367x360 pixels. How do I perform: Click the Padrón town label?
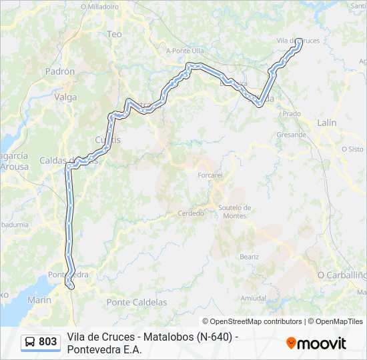point(60,71)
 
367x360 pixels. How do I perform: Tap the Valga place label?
point(65,97)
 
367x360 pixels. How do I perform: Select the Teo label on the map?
point(114,33)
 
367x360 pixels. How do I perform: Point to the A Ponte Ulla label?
point(184,51)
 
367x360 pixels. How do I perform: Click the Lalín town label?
point(327,123)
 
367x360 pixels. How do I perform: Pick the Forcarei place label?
point(210,175)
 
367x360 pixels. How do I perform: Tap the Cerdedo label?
point(191,213)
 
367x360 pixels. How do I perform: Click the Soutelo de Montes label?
point(234,211)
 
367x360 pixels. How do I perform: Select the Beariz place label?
point(250,257)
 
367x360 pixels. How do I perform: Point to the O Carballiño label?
point(342,275)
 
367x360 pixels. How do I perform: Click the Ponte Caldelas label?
point(137,302)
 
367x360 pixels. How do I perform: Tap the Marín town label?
point(39,301)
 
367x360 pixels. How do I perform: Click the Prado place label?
point(292,114)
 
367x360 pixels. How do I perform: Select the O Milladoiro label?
point(99,6)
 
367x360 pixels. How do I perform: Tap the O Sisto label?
point(352,149)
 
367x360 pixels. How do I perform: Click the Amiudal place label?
point(253,298)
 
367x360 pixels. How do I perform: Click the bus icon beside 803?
point(31,342)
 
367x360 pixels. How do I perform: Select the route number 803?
point(48,342)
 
